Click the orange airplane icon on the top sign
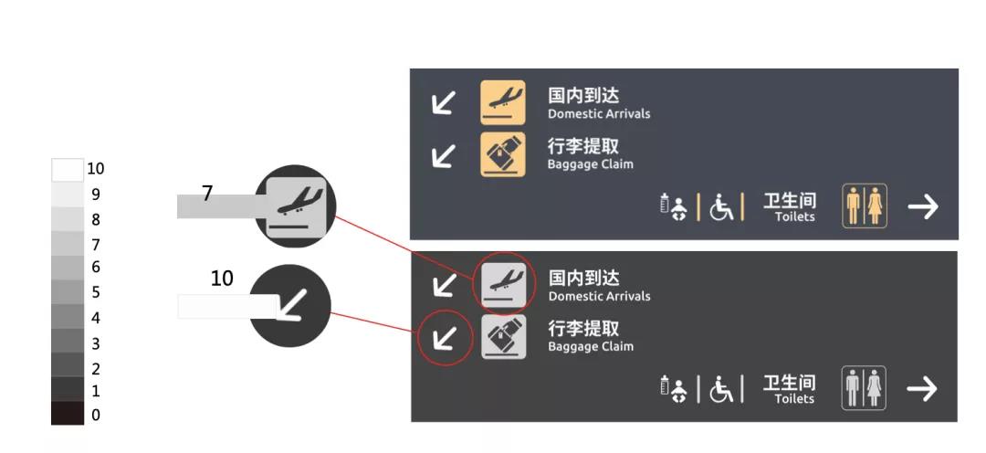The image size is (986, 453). coord(503,102)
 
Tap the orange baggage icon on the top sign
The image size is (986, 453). coord(503,154)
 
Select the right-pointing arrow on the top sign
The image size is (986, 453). coord(923,206)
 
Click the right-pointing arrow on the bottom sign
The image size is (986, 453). coord(922,389)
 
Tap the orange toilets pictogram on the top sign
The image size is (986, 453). coord(864,205)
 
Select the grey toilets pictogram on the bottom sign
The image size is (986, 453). coord(864,388)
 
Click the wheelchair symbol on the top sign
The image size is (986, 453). coord(722,207)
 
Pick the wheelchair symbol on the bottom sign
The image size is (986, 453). coord(722,390)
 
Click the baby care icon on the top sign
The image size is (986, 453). coord(675,207)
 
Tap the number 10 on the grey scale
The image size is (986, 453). coord(95,169)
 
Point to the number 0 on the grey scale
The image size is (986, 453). coord(96,415)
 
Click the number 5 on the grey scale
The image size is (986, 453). coord(96,293)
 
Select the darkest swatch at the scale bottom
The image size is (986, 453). coord(67,413)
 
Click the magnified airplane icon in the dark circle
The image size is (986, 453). coord(296,205)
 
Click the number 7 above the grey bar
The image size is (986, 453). coord(207,194)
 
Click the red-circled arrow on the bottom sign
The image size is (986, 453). coord(444,339)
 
